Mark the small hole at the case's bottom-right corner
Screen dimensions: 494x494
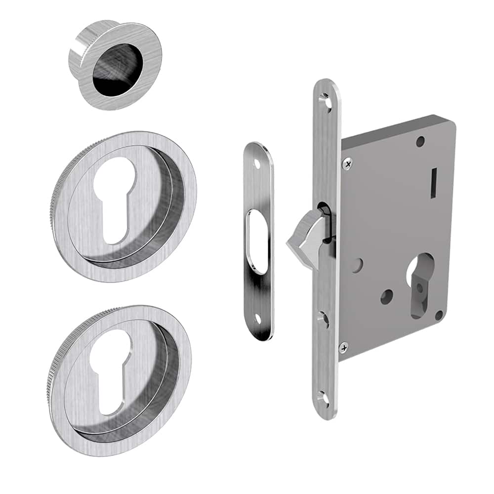tap(438, 314)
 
